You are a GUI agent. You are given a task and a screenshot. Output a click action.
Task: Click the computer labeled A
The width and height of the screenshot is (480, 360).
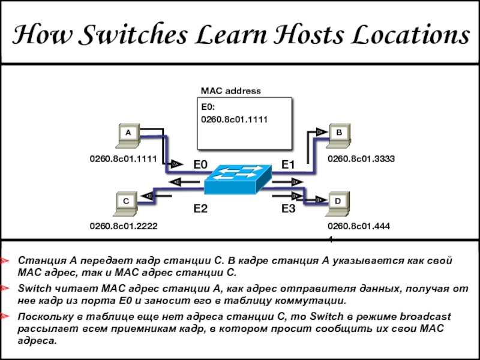pos(127,135)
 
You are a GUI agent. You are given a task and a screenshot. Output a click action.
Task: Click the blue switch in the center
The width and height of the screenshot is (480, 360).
pos(238,179)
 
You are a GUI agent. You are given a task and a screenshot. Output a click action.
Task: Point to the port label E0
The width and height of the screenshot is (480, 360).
pos(200,164)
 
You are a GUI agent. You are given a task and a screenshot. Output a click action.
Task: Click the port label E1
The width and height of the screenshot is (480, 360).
pos(289,164)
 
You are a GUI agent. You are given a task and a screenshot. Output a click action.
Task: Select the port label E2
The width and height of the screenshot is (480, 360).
pos(200,209)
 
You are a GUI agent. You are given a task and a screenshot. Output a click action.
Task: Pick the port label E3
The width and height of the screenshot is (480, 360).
pos(289,209)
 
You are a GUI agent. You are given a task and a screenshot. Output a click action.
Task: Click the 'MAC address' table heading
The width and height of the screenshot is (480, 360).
pos(230,91)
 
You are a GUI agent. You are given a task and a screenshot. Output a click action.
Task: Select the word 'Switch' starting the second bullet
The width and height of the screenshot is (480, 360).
pos(33,289)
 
